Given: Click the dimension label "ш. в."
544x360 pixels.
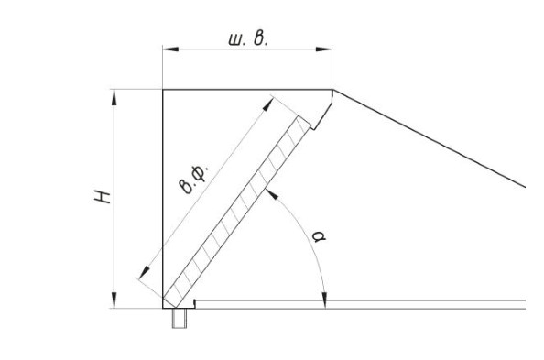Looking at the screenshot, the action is point(248,38).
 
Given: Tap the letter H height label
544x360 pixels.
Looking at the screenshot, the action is point(103,197).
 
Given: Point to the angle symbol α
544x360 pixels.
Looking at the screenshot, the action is point(319,236).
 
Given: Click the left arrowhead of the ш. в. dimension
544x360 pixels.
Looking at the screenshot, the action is point(170,49).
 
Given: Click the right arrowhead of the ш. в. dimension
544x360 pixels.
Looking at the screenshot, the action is point(323,49).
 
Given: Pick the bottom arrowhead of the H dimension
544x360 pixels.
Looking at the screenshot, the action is point(114,300).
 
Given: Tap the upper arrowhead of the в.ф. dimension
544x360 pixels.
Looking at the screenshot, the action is point(268,104).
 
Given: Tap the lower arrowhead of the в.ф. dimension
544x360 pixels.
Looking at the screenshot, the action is point(145,273).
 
